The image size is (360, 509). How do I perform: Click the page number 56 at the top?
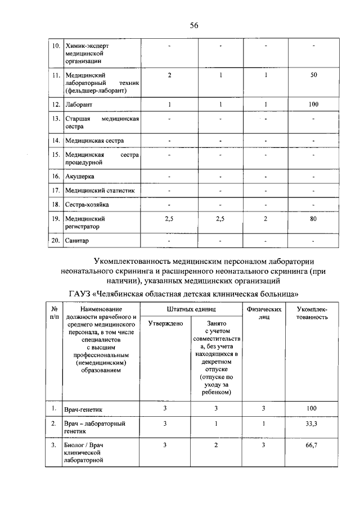coord(194,25)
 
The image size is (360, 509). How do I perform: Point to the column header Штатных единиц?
coord(191,309)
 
